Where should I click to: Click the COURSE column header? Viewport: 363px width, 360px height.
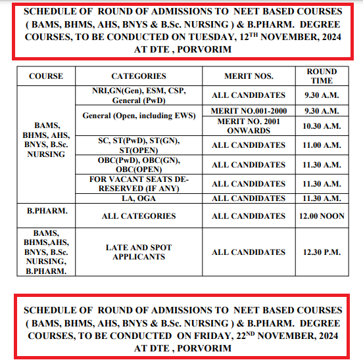(x=45, y=76)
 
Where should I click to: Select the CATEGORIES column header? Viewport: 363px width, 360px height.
(x=139, y=76)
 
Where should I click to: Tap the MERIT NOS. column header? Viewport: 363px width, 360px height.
(x=249, y=76)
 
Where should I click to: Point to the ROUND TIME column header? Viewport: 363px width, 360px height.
(x=322, y=76)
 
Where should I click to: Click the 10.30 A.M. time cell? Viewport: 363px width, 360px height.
(x=322, y=125)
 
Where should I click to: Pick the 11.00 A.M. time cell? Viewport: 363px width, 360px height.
(x=322, y=145)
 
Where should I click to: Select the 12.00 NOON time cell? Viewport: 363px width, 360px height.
(x=322, y=215)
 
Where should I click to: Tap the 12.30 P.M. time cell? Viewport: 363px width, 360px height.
(x=322, y=252)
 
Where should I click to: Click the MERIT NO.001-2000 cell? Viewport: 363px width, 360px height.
(x=249, y=112)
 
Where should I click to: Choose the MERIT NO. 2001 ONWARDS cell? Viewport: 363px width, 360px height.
(x=249, y=125)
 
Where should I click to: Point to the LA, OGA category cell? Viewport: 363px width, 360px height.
(x=139, y=198)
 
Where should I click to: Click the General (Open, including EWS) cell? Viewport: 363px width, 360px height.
(x=139, y=116)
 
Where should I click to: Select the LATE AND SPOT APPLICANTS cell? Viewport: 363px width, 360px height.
(x=139, y=252)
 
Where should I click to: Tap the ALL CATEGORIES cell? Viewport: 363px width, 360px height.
(x=139, y=215)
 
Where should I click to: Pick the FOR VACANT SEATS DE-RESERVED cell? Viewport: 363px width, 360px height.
(x=139, y=184)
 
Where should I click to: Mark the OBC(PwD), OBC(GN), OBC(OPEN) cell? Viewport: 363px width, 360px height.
(x=139, y=164)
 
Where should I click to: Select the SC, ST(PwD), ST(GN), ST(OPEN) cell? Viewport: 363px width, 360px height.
(x=139, y=145)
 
